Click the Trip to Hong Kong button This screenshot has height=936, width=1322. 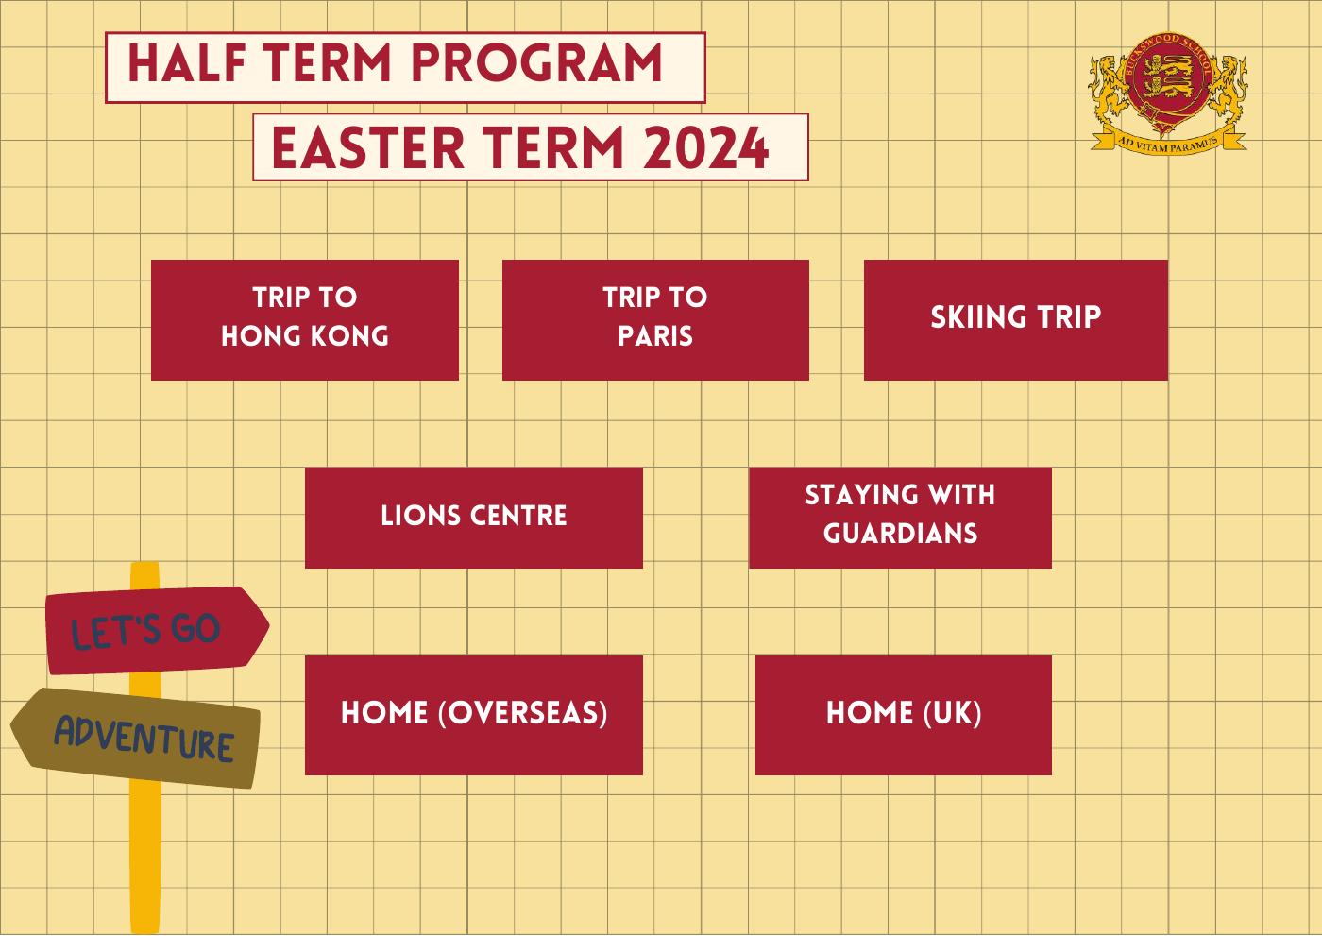304,320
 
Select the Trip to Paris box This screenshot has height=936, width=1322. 655,320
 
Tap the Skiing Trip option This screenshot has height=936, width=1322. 1016,320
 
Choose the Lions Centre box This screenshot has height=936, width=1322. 473,518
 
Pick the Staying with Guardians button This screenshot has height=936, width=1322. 900,518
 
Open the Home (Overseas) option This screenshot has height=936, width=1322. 473,715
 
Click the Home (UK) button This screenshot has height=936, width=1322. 903,715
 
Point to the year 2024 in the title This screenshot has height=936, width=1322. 706,148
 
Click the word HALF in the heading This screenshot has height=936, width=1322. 187,62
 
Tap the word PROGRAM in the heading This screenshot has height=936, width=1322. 536,62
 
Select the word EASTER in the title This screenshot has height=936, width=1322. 367,148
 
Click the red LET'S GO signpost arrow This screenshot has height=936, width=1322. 157,630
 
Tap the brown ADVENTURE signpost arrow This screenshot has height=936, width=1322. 136,738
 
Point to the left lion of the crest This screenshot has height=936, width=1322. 1110,87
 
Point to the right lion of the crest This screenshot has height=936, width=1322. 1228,87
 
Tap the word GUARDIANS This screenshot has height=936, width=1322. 900,534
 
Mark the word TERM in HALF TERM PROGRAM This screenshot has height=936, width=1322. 327,62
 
